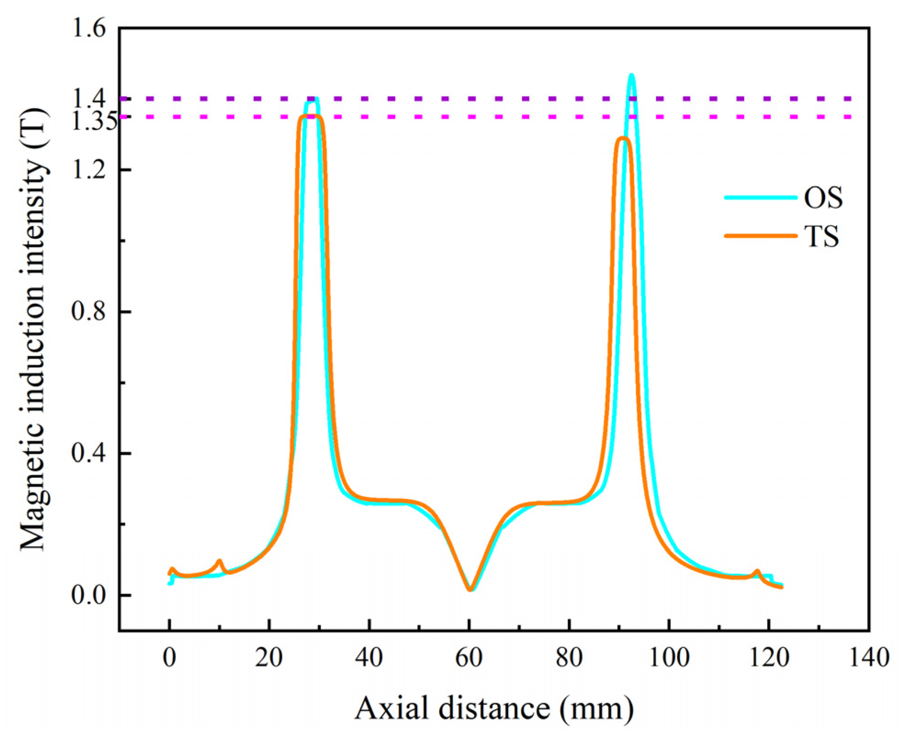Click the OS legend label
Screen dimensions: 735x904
click(823, 198)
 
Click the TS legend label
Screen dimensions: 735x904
click(822, 237)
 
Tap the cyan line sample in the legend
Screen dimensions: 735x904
click(760, 198)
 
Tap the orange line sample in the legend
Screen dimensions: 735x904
click(760, 236)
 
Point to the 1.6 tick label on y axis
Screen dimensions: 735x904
click(89, 28)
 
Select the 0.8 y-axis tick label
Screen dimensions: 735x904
click(89, 311)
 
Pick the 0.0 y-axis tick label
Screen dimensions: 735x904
click(89, 595)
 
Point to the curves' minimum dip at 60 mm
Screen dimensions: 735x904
click(470, 589)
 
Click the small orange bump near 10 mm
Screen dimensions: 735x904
click(220, 561)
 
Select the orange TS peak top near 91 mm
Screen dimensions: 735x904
click(623, 138)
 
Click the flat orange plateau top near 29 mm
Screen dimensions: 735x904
click(312, 116)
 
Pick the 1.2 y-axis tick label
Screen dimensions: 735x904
click(89, 170)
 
